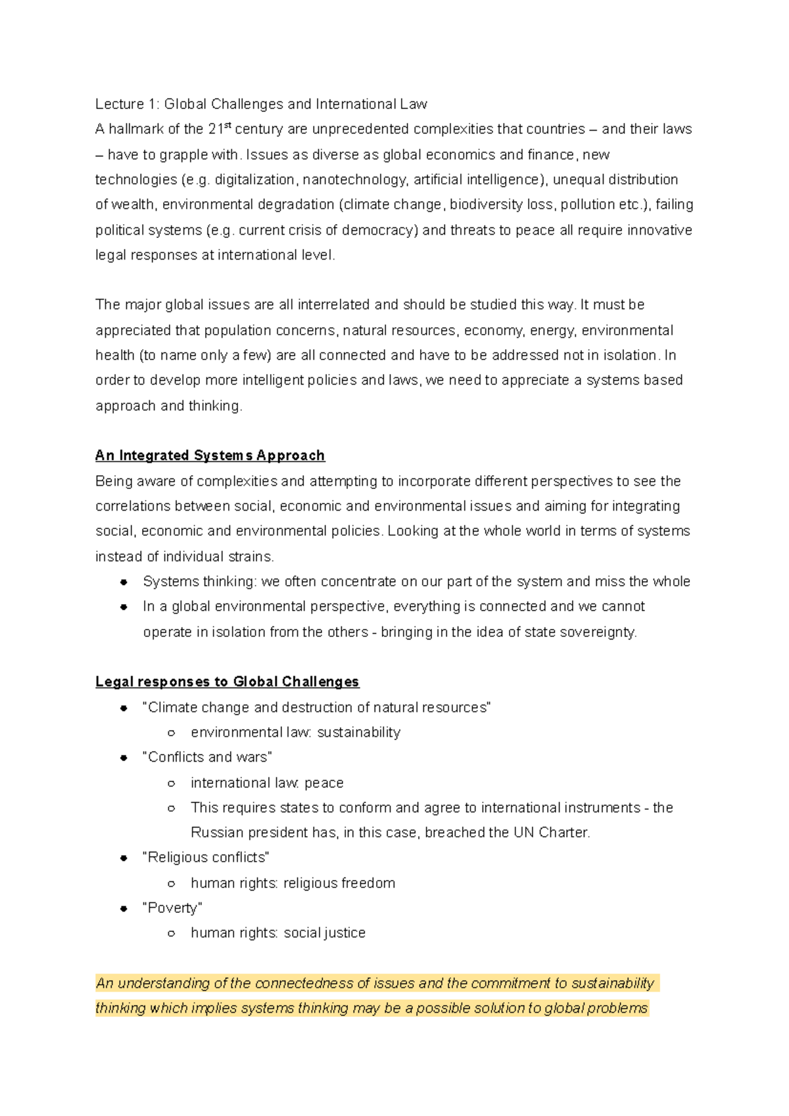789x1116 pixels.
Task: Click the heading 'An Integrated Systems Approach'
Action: (x=210, y=455)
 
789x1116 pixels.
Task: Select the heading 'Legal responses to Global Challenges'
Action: (x=227, y=682)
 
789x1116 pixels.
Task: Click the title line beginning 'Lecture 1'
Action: (x=261, y=104)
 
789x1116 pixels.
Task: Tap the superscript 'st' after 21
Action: (x=228, y=125)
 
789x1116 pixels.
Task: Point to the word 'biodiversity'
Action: (x=486, y=204)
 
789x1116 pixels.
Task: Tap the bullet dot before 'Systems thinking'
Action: (x=124, y=582)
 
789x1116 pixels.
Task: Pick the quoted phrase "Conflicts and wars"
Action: (x=207, y=757)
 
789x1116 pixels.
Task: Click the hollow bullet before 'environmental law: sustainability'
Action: (x=171, y=733)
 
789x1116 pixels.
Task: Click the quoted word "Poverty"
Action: (x=172, y=908)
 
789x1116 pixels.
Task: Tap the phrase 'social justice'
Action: (x=324, y=933)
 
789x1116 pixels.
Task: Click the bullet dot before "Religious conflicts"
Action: (x=124, y=858)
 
